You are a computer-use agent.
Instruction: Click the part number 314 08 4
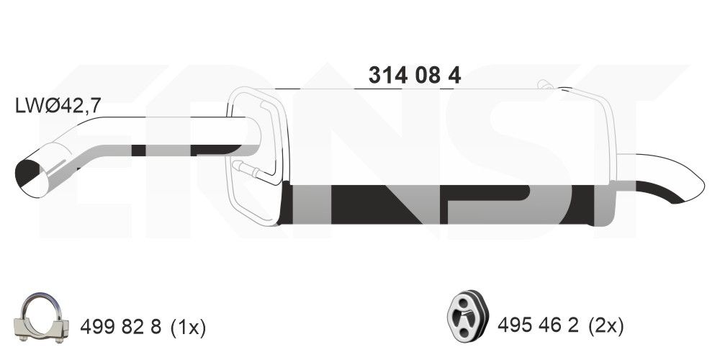[415, 76]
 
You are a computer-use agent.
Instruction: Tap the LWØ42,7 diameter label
[58, 106]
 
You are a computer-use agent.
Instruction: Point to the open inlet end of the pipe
[32, 179]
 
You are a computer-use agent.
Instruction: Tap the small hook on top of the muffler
[546, 84]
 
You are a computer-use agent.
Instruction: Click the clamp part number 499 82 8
[121, 328]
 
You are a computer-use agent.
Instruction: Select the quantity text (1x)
[188, 328]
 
